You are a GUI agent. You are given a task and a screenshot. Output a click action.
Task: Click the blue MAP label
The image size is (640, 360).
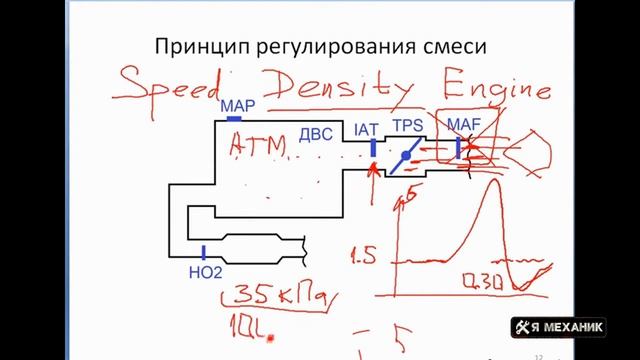pos(239,104)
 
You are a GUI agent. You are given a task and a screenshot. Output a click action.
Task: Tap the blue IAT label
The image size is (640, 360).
pos(367,129)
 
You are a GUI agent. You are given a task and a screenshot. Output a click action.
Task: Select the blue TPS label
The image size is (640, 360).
pos(407,129)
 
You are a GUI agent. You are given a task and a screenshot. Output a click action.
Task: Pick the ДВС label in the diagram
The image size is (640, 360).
pos(317,133)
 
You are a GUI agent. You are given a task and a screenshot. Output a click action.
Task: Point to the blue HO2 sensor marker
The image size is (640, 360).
pos(203,251)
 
